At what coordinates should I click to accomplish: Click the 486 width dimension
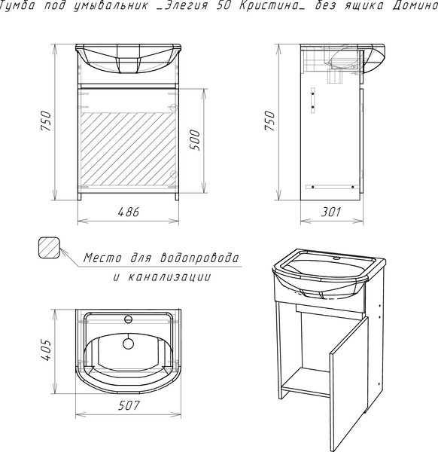point(129,212)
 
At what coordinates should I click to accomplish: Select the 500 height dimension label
point(195,140)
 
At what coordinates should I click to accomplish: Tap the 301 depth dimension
point(331,212)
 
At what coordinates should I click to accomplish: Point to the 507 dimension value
point(129,405)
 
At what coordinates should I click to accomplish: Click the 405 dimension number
point(46,350)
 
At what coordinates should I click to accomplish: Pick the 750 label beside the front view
point(46,121)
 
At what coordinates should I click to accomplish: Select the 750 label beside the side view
point(270,121)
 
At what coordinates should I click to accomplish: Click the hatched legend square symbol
point(49,248)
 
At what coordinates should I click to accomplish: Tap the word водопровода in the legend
point(199,258)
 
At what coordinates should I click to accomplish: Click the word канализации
point(169,277)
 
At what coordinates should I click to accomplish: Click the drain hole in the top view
point(128,344)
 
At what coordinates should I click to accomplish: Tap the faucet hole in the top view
point(128,319)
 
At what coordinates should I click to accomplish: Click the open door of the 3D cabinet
point(349,383)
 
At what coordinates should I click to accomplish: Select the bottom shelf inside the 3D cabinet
point(306,382)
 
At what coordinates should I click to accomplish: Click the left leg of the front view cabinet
point(80,197)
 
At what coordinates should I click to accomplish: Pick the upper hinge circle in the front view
point(173,108)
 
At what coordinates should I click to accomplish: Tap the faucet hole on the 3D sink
point(336,258)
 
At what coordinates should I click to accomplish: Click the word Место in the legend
point(102,258)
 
